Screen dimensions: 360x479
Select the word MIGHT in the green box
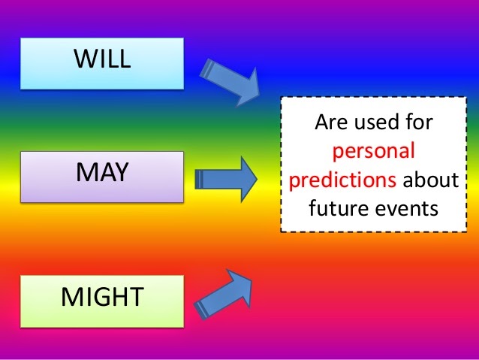[x=102, y=297]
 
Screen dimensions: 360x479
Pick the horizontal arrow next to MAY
[x=226, y=179]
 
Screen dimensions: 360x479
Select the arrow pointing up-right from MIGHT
[x=226, y=293]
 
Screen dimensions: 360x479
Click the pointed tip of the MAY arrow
[x=256, y=179]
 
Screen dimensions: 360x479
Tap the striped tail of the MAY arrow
[x=200, y=179]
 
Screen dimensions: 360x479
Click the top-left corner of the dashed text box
[x=282, y=98]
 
